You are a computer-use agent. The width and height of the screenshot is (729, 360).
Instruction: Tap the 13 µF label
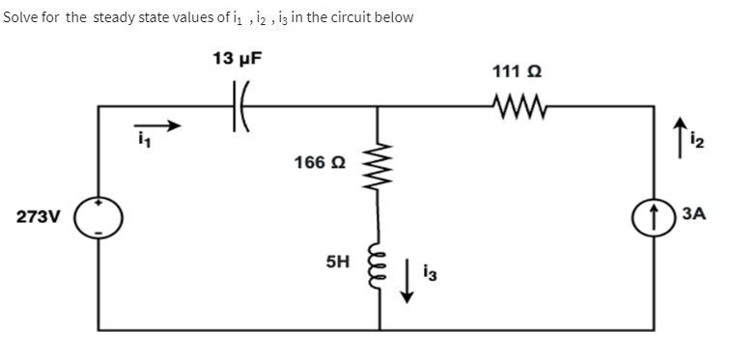238,58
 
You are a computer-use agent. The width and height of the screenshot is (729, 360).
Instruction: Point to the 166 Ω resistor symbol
379,163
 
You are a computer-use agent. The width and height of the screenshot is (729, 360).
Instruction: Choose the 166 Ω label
315,162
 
